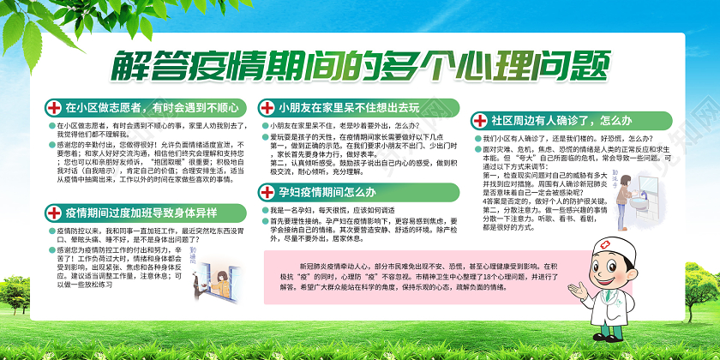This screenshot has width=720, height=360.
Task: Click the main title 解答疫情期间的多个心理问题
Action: (x=360, y=64)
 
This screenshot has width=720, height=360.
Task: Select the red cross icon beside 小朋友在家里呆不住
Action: (x=265, y=108)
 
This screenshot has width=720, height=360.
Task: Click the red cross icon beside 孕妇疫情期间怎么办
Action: (x=265, y=193)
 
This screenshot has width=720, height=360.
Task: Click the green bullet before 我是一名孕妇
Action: (x=265, y=209)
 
